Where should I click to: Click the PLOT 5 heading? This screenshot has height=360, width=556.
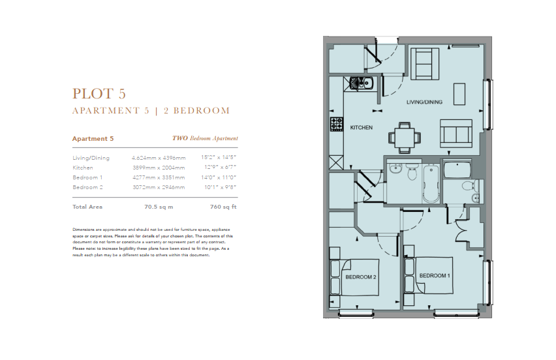99,93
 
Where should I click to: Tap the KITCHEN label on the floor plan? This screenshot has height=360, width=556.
362,128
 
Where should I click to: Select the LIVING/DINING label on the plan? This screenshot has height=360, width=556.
424,102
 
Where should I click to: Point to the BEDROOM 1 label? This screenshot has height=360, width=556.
435,275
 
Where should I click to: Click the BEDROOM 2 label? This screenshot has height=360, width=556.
361,277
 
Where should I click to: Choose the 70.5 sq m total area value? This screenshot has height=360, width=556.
159,207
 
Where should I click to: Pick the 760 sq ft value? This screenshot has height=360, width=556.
223,207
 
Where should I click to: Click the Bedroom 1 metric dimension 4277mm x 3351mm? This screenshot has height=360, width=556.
159,177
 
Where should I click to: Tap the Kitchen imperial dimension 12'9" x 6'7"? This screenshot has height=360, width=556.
220,167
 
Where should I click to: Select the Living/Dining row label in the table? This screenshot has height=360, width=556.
91,158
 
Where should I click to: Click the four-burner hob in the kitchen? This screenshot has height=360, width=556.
337,125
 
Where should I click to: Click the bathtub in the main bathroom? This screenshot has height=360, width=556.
431,183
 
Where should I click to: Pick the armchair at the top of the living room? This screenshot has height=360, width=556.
425,64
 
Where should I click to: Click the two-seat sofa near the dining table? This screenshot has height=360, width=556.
456,133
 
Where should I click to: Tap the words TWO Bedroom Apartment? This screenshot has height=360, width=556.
205,138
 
